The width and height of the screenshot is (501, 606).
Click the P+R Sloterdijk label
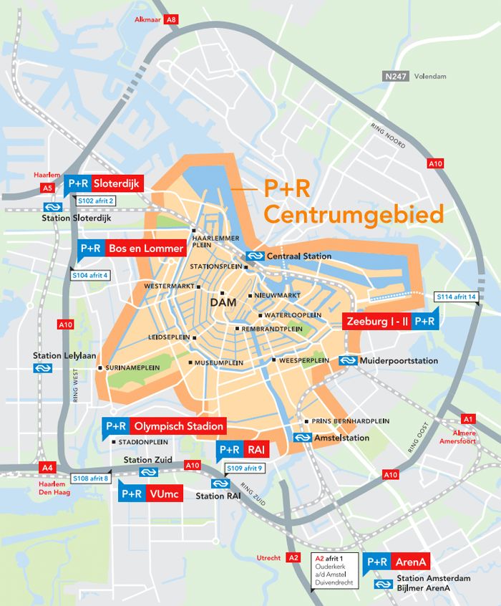pyautogui.click(x=104, y=183)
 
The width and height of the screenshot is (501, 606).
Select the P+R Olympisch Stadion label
pyautogui.click(x=164, y=426)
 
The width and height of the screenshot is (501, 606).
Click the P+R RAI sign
pyautogui.click(x=241, y=450)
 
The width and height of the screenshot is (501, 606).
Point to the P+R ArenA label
pyautogui.click(x=397, y=562)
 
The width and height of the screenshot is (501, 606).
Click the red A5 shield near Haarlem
pyautogui.click(x=47, y=188)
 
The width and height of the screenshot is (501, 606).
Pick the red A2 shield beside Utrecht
pyautogui.click(x=292, y=557)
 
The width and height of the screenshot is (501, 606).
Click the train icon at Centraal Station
pyautogui.click(x=255, y=256)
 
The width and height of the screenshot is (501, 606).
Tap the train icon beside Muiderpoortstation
pyautogui.click(x=349, y=360)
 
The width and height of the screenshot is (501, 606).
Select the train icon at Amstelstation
pyautogui.click(x=301, y=438)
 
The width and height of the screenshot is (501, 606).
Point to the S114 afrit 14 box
pyautogui.click(x=457, y=297)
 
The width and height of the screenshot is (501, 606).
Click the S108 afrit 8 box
pyautogui.click(x=91, y=478)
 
